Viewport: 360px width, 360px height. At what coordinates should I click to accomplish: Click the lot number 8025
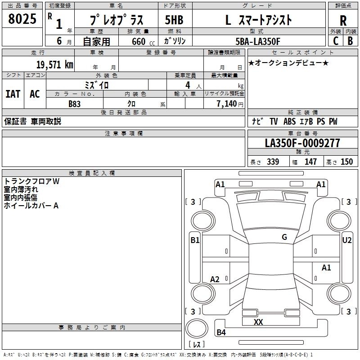coord(22,19)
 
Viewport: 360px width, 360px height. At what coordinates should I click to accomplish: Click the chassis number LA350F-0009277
coord(302,144)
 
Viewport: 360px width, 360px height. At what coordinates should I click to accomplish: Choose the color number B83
coord(75,104)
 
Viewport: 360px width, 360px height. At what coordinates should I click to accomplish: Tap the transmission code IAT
coord(13,94)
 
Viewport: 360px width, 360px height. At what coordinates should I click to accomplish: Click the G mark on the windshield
coord(284,237)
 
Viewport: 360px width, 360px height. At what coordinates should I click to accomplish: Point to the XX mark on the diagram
coord(258,322)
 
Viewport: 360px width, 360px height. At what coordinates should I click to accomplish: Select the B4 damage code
coord(221,333)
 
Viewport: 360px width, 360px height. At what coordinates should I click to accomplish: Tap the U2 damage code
coord(347,240)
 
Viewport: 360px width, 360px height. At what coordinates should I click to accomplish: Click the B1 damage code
coord(195,240)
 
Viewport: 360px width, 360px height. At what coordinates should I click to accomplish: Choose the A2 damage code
coord(215,279)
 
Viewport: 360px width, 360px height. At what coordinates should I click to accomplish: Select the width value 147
coord(310,162)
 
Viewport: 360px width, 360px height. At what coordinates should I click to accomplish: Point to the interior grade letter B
coord(350,41)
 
